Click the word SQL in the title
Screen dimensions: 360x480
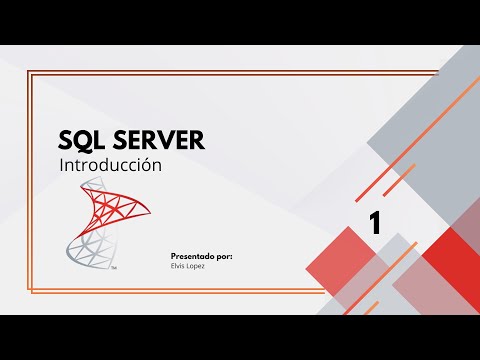83,140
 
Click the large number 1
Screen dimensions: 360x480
375,223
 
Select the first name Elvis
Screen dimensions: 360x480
180,265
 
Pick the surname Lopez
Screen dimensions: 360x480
198,265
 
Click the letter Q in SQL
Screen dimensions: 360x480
83,140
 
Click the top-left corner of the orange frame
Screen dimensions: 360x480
30,72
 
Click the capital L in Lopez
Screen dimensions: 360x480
190,265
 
